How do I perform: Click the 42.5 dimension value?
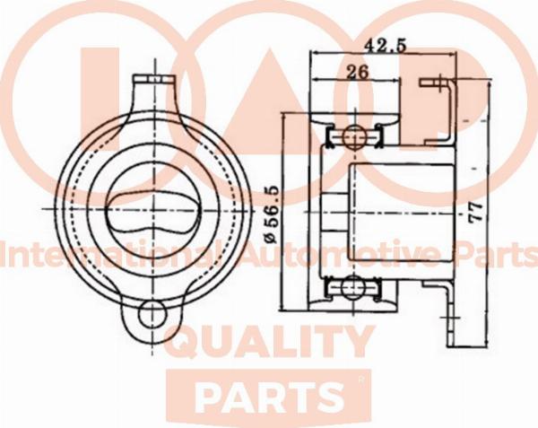click(x=385, y=45)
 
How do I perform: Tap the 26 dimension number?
click(x=357, y=72)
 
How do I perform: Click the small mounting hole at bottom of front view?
click(x=152, y=314)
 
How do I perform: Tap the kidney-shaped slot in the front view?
click(x=152, y=210)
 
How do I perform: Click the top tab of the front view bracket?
click(x=154, y=80)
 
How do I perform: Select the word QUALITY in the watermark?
click(x=269, y=342)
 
